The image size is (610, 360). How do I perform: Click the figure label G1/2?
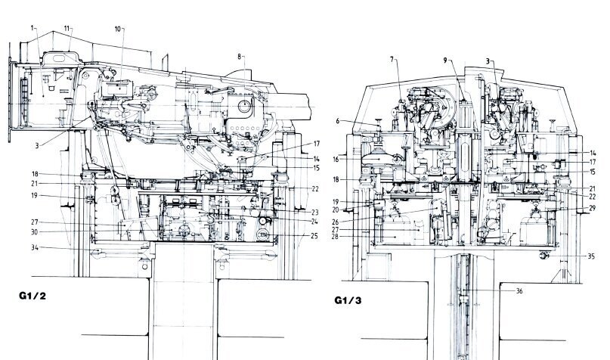click(x=33, y=296)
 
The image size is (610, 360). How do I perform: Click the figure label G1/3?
click(x=348, y=300)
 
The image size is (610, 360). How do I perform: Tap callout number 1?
click(x=33, y=28)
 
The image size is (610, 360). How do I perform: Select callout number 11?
click(x=67, y=29)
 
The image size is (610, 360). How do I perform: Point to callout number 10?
click(x=118, y=29)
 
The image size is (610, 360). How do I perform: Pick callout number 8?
click(x=240, y=57)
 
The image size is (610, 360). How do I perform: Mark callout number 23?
click(x=314, y=213)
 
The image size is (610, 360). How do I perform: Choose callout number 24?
click(x=314, y=222)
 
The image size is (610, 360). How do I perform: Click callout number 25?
click(x=314, y=236)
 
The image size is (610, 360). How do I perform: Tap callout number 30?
click(x=35, y=232)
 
